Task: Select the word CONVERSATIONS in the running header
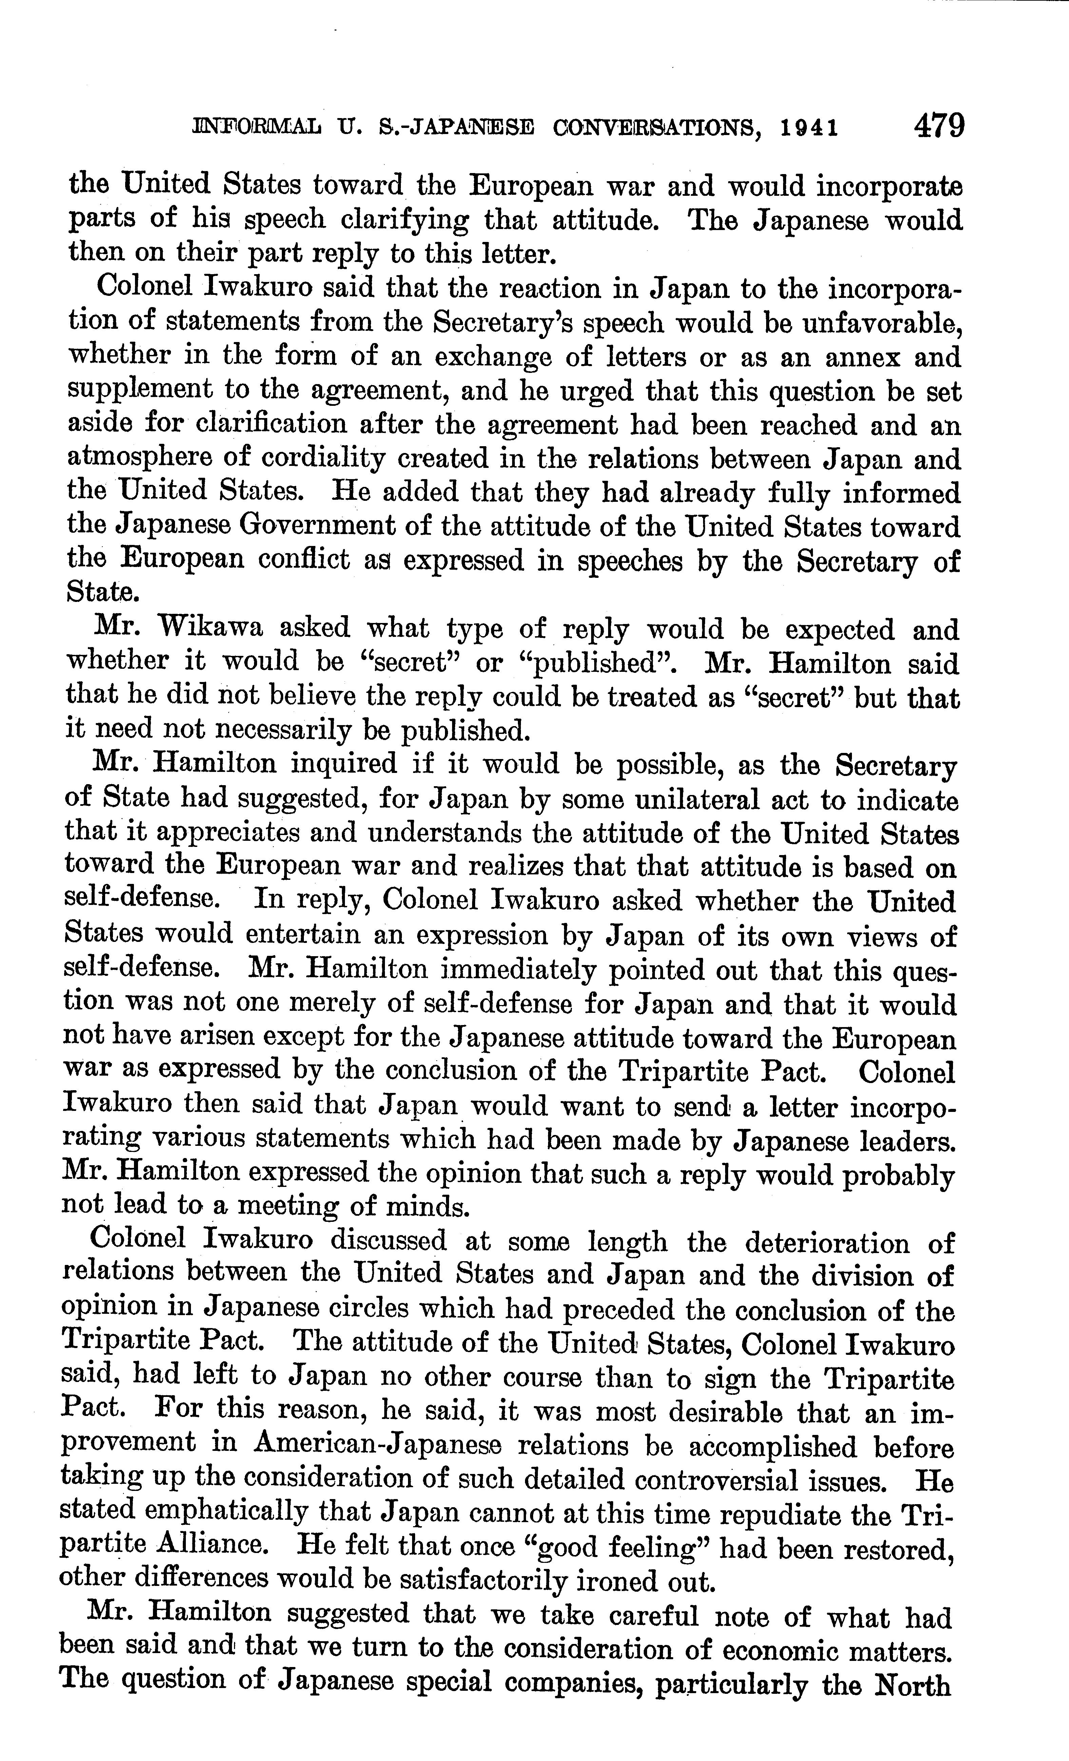click(655, 129)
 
